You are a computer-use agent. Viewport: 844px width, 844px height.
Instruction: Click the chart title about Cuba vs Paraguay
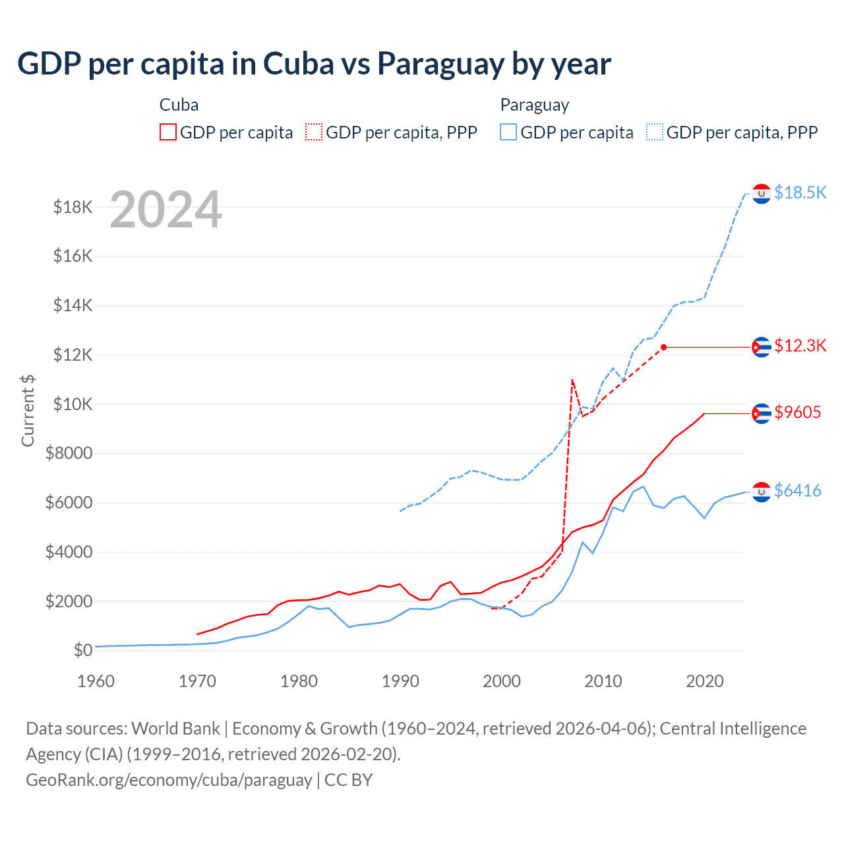(x=314, y=64)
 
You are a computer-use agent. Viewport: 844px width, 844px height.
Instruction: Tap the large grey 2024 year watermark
(x=166, y=210)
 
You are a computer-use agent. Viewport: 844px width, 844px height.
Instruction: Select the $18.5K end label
(x=800, y=193)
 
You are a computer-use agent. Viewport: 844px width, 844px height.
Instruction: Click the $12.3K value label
(x=800, y=346)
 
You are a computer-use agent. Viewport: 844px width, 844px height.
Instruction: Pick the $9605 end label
(x=797, y=413)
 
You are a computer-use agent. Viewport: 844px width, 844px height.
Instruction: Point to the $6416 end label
(x=797, y=491)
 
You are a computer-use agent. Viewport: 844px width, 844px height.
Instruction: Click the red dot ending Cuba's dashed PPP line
(x=664, y=347)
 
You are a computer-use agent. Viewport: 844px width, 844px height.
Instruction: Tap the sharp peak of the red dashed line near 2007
(x=572, y=380)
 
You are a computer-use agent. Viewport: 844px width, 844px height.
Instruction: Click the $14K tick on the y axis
(x=73, y=306)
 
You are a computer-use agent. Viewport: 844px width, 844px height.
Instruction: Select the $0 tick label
(x=82, y=650)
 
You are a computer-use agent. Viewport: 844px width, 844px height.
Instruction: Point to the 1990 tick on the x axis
(x=400, y=681)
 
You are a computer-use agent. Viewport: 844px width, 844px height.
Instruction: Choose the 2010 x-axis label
(x=603, y=681)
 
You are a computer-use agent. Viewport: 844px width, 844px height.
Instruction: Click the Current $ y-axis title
(x=28, y=410)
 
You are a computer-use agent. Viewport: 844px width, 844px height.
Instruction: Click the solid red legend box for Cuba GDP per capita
(x=168, y=133)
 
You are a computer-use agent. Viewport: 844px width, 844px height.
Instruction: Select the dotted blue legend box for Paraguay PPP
(x=655, y=133)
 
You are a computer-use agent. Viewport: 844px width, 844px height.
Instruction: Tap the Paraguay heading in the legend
(x=534, y=105)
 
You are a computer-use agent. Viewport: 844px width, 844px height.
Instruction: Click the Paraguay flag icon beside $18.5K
(x=762, y=194)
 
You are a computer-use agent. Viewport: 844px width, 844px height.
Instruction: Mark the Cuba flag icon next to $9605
(x=762, y=413)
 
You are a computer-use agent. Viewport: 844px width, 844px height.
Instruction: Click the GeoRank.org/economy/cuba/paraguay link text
(x=169, y=780)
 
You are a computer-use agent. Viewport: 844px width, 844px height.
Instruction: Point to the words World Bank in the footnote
(x=175, y=729)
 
